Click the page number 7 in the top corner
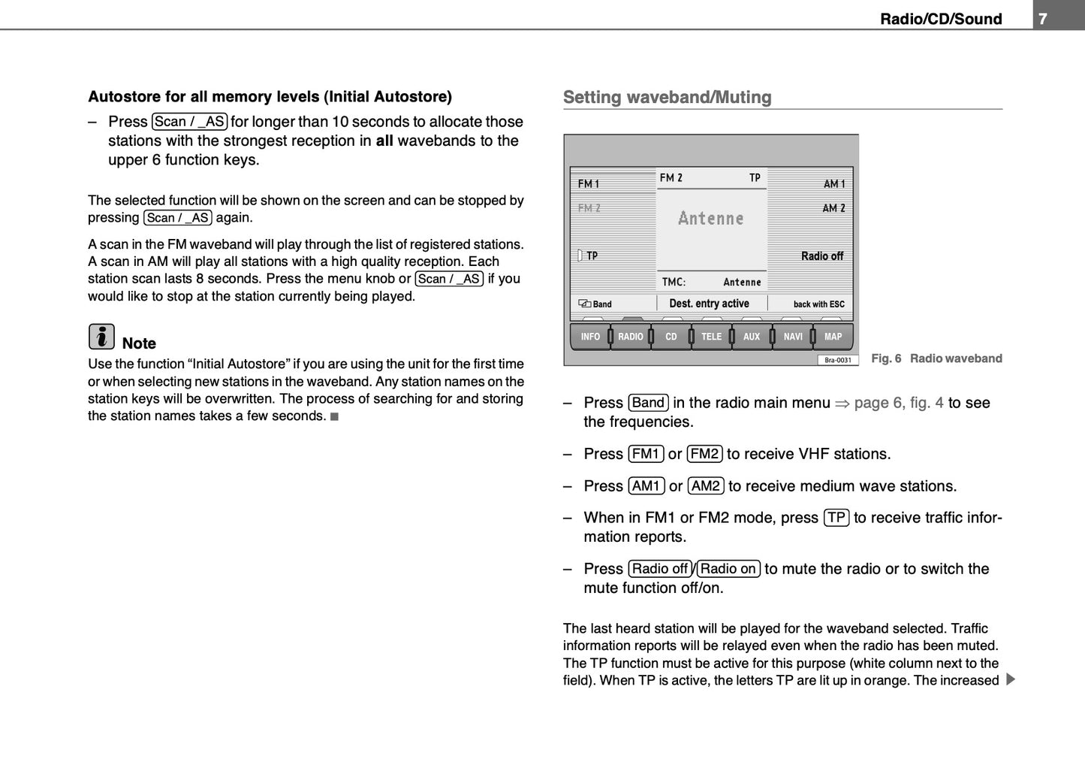(1043, 19)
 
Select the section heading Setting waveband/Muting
(667, 97)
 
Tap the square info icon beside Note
(101, 337)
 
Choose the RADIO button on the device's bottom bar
(631, 337)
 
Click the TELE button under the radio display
(711, 337)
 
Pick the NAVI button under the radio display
(793, 337)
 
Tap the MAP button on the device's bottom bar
(833, 337)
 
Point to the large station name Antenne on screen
(711, 219)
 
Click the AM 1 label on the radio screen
(833, 184)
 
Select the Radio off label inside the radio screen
(821, 256)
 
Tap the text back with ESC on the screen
(818, 304)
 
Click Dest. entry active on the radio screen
(709, 304)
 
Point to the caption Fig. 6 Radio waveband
(936, 358)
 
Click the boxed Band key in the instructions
(648, 403)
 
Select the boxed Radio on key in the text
(728, 569)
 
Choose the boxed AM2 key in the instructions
(706, 486)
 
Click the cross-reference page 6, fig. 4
(898, 403)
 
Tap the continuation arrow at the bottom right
(1010, 680)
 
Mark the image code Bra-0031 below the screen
(837, 360)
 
